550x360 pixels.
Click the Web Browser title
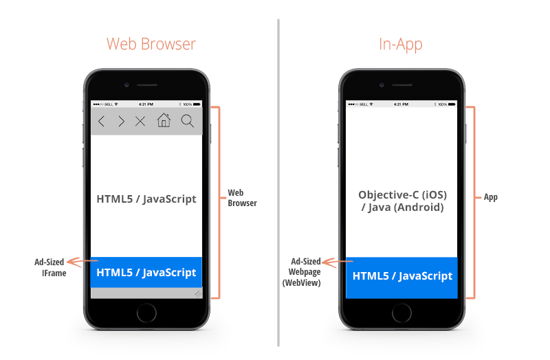(x=151, y=45)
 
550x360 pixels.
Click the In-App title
(x=400, y=45)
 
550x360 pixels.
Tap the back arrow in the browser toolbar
(x=101, y=122)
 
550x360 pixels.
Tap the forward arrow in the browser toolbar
(x=122, y=122)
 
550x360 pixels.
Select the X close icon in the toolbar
(x=140, y=122)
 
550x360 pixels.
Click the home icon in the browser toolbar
(x=164, y=121)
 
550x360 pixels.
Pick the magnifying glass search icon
(x=187, y=122)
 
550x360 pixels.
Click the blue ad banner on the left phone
(x=146, y=272)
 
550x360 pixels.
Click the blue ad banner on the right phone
(x=402, y=276)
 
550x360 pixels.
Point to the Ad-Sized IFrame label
(x=49, y=267)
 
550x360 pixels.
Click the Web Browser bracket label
(x=242, y=198)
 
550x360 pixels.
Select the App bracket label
(x=490, y=197)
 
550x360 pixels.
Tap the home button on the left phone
(x=146, y=313)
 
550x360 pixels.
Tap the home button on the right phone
(x=402, y=313)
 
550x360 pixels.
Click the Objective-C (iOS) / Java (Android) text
(x=402, y=201)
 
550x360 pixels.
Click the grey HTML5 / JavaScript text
(x=146, y=199)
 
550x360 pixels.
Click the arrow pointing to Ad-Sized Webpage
(x=333, y=261)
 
